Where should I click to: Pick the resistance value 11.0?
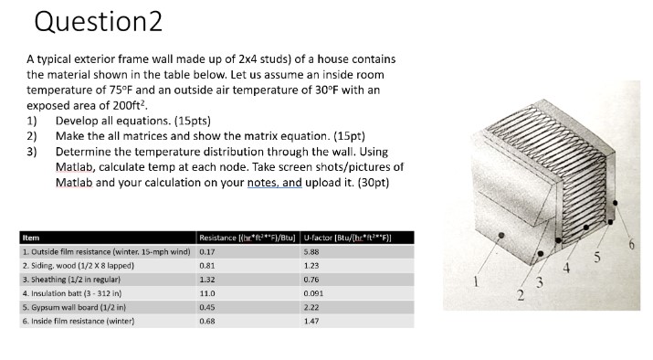coord(206,293)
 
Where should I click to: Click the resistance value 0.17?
coord(206,250)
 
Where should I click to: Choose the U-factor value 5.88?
coord(310,250)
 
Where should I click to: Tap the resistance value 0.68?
coord(206,321)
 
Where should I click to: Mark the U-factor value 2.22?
coord(310,307)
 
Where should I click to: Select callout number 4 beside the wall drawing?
coord(566,266)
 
